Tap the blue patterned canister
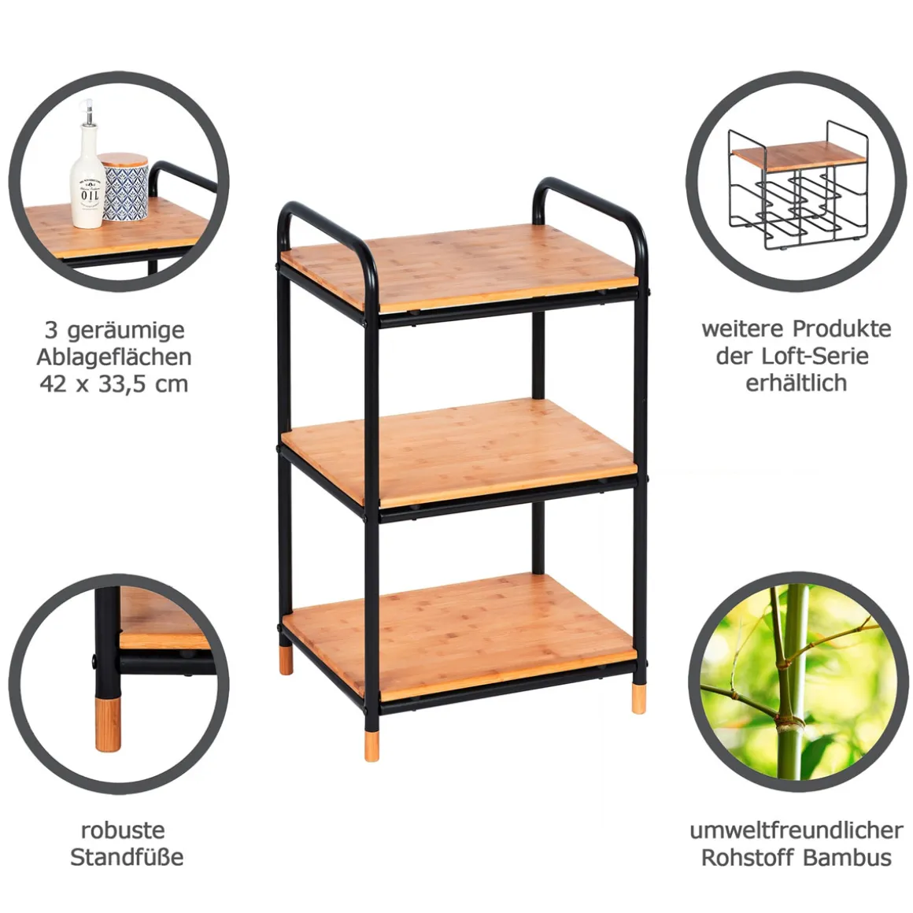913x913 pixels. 125,187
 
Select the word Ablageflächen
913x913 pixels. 114,357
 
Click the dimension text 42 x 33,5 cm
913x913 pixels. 114,384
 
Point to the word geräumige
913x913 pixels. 127,331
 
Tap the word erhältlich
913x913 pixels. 796,383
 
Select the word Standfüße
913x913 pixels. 127,857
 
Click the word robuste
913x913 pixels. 123,830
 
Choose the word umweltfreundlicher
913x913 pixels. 797,830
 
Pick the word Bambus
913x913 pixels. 847,858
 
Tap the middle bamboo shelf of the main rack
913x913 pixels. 459,450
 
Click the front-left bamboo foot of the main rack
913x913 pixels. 371,746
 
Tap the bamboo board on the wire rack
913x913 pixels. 799,156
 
